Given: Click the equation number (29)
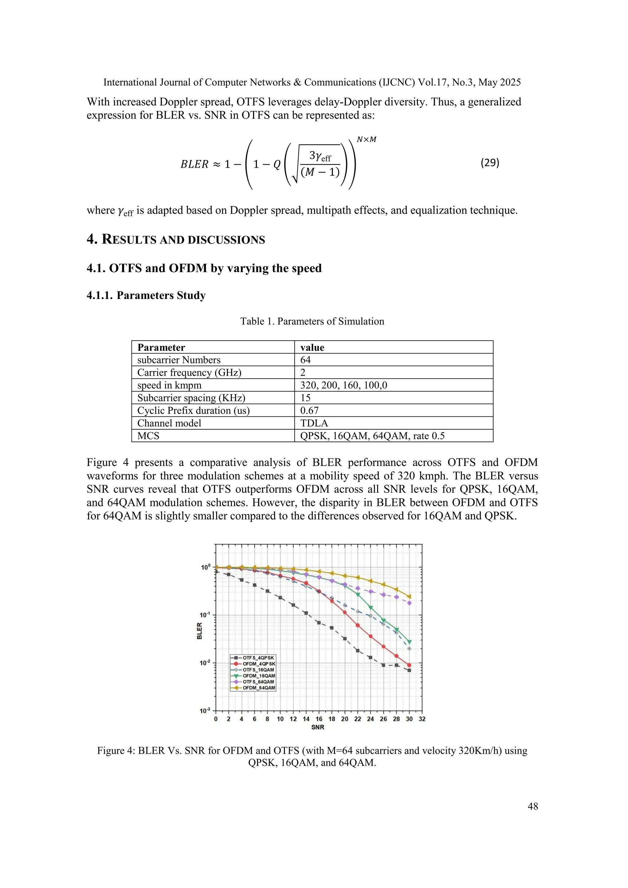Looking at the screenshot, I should coord(490,163).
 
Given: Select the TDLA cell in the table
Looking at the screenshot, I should coord(314,423).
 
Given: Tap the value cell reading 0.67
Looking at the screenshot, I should coord(309,410).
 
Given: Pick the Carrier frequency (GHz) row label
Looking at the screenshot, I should coord(189,373).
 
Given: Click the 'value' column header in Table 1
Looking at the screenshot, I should coord(312,347).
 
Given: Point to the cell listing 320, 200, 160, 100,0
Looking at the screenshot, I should coord(343,385).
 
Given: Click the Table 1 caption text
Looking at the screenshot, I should coord(312,321).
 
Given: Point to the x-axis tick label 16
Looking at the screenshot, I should coord(319,719).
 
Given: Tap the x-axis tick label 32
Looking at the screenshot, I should coord(422,719).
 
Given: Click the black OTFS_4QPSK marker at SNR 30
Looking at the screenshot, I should coord(409,670).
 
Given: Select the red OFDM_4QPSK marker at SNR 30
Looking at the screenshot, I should coord(409,665).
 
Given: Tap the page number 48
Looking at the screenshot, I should coord(533,806).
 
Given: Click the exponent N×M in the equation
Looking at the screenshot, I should coord(366,140).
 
